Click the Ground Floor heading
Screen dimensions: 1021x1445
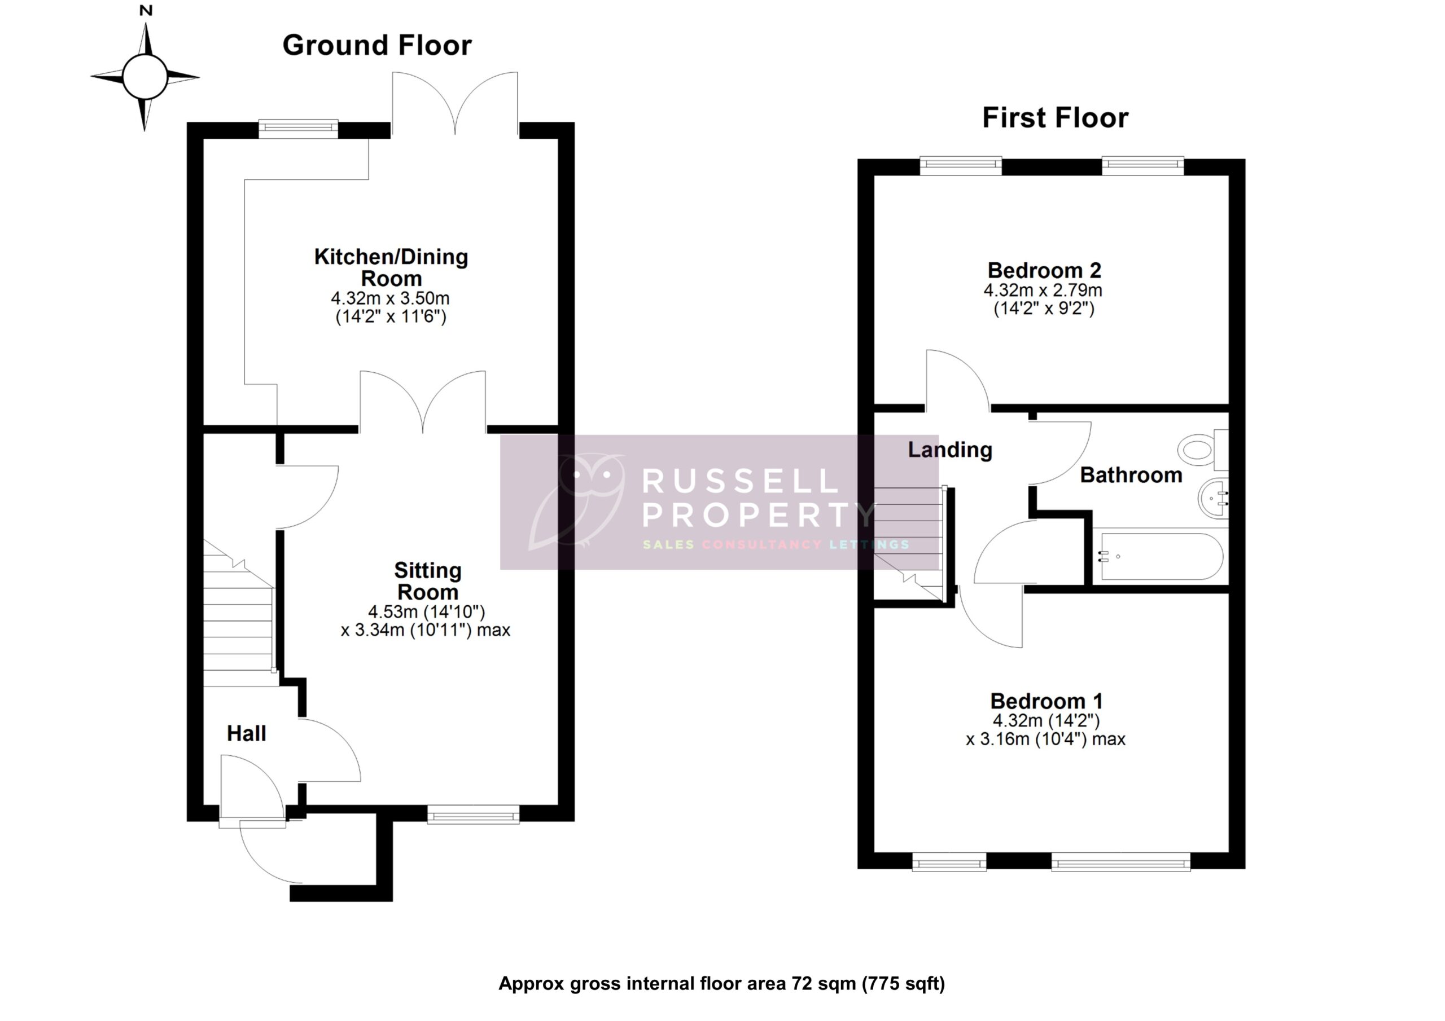point(376,45)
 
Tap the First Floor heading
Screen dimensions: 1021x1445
point(1055,118)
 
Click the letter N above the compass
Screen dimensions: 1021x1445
point(146,11)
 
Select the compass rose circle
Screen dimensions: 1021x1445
point(144,77)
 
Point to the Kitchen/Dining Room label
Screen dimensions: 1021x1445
point(391,267)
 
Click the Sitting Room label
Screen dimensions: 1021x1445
point(427,580)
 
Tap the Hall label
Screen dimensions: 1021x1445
point(246,733)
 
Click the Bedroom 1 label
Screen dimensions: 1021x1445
point(1046,701)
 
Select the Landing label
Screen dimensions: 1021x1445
point(950,449)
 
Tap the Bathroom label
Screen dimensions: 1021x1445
point(1131,475)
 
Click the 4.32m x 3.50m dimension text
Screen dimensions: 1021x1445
point(390,298)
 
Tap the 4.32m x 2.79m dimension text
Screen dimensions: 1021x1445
point(1043,291)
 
